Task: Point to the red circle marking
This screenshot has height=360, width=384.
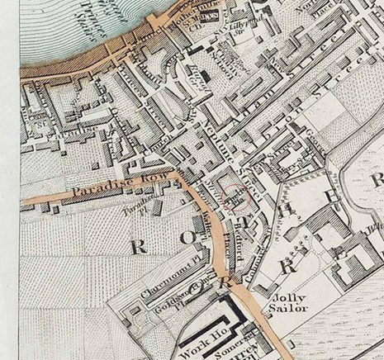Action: pyautogui.click(x=237, y=198)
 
